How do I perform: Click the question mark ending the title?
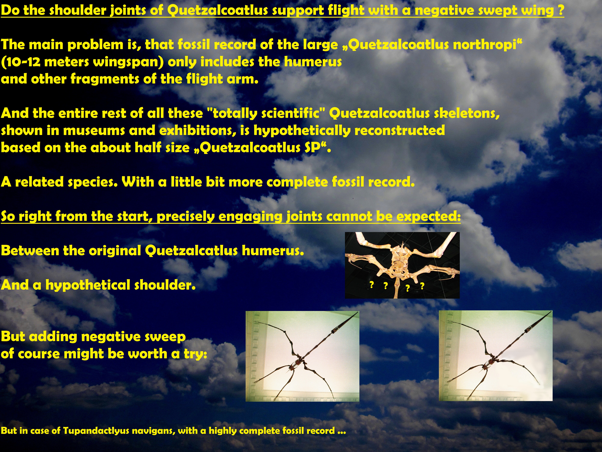tap(561, 10)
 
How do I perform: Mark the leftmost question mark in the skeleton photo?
tap(371, 285)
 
